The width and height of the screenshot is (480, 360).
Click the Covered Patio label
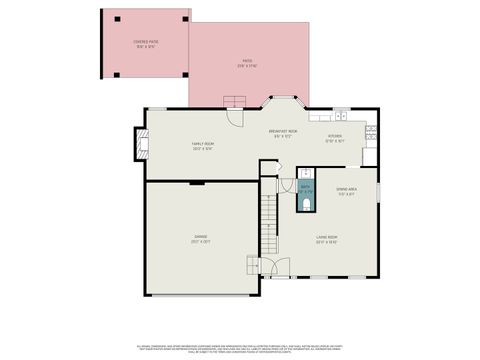click(146, 44)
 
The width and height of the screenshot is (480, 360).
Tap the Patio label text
click(246, 63)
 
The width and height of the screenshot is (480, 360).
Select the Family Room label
click(203, 146)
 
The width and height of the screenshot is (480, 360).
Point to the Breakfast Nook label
click(283, 134)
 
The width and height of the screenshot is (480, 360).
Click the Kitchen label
click(336, 139)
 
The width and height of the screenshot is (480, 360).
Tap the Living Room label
click(326, 240)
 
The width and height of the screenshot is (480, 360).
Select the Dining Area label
click(346, 192)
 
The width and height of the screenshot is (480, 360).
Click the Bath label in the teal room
click(305, 189)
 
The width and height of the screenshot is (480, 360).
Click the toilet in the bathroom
click(305, 206)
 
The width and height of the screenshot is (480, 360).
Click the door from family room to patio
click(234, 116)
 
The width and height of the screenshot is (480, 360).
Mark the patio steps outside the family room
click(234, 100)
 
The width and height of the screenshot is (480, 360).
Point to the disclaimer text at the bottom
click(240, 346)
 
